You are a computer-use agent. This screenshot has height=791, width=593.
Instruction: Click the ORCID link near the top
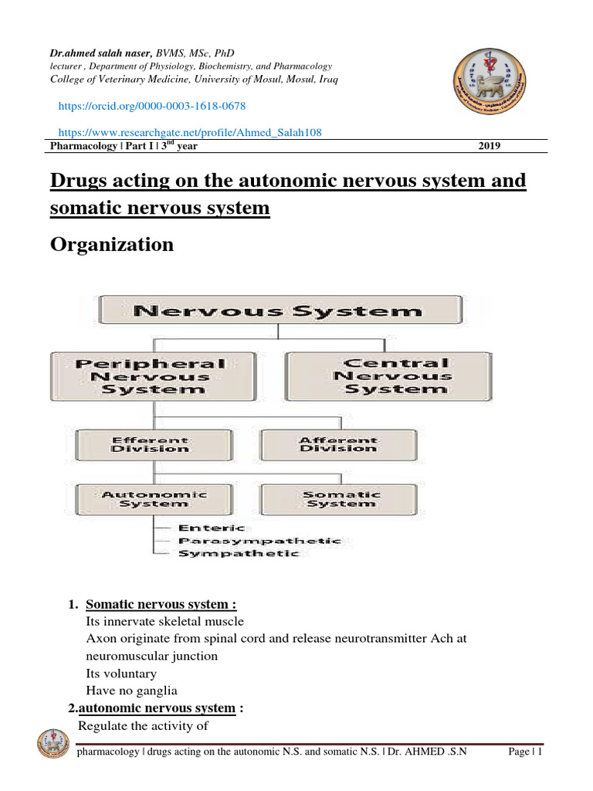(153, 105)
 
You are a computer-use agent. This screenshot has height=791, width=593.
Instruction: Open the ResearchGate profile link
(190, 132)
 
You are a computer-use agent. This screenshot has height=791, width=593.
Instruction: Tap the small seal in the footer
(53, 747)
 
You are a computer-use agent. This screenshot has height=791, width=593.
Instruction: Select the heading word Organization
(112, 245)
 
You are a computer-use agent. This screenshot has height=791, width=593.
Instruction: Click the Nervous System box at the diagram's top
(279, 311)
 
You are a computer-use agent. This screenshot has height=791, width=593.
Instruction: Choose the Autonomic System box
(154, 498)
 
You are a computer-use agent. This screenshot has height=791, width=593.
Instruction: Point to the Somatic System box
(340, 498)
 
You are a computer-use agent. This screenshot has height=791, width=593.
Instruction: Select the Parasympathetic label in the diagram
(259, 541)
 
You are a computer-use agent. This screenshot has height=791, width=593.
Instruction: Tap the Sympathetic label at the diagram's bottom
(238, 554)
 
